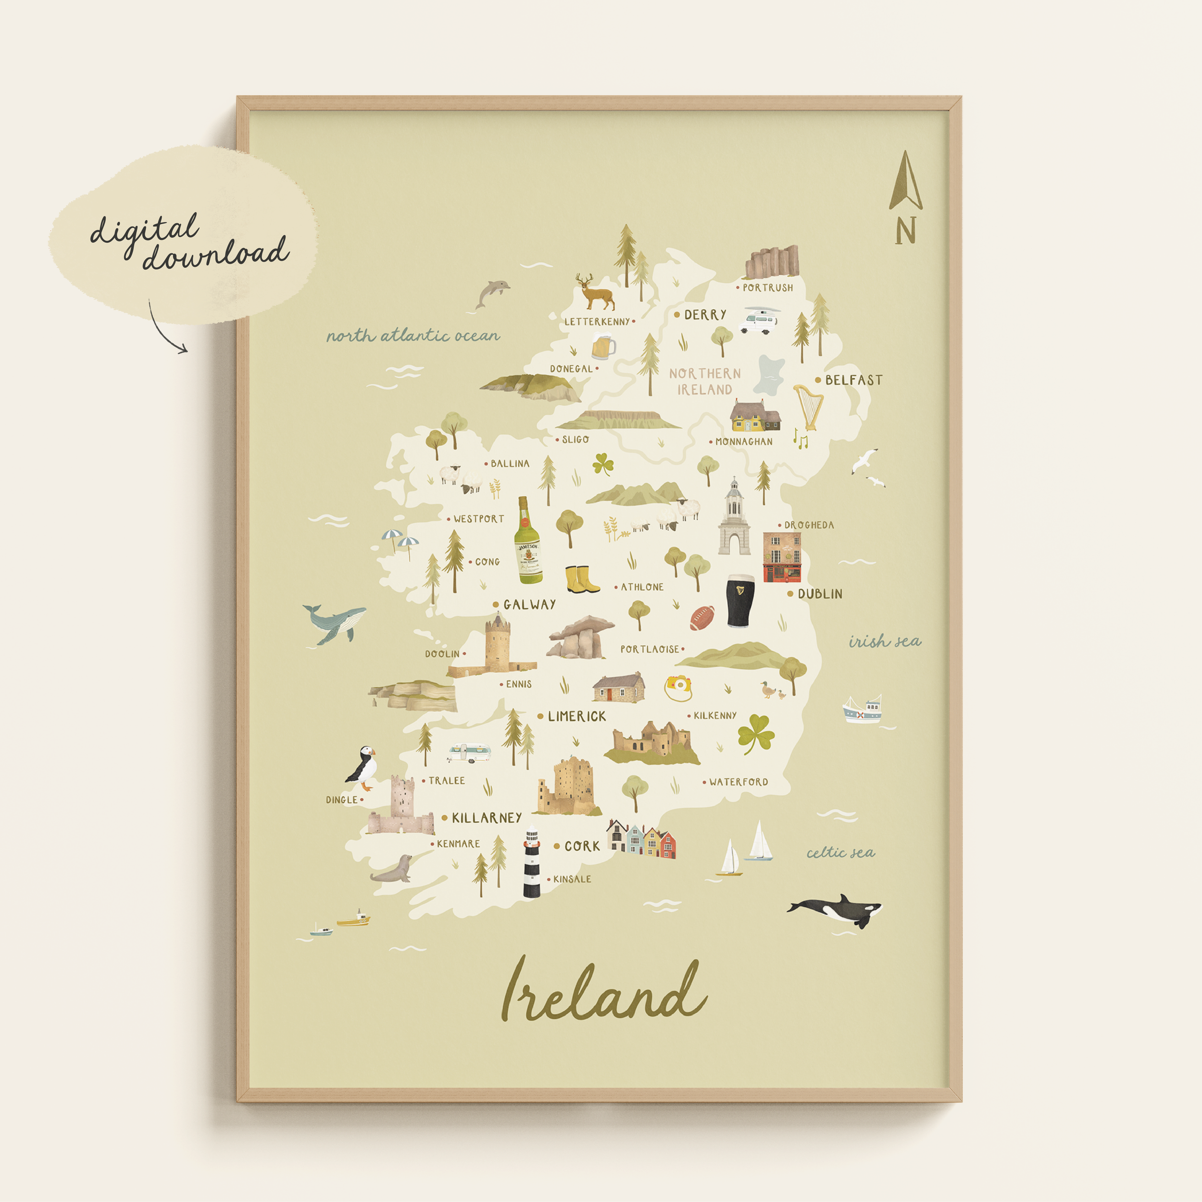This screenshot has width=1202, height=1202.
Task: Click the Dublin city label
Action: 820,594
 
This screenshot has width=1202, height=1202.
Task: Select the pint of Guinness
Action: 740,601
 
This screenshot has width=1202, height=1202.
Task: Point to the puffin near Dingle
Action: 363,769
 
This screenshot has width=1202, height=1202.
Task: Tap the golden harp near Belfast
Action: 808,406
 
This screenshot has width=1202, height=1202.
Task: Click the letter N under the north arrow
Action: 905,231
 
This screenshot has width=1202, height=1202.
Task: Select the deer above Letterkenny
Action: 595,292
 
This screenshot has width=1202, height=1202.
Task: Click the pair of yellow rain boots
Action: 582,579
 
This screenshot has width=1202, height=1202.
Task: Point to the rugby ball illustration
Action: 702,618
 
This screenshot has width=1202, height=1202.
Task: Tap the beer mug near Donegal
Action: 603,347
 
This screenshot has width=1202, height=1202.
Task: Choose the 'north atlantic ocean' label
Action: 413,336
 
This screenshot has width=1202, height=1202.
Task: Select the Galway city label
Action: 529,604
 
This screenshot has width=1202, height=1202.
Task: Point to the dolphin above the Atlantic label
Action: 491,292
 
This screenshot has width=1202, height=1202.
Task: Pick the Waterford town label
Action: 739,782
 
